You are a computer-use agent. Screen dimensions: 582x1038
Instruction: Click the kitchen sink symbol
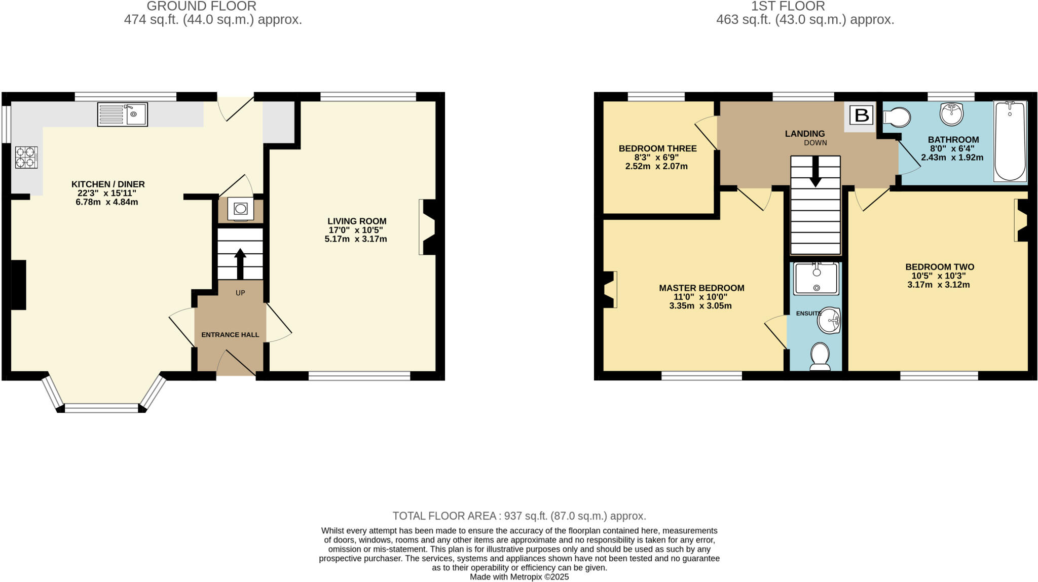(122, 114)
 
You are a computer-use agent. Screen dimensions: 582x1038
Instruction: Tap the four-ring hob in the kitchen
(26, 157)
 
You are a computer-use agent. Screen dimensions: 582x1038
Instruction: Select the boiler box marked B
(862, 115)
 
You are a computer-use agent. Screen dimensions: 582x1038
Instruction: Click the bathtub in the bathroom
(1010, 141)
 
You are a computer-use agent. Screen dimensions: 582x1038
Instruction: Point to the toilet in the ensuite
(820, 357)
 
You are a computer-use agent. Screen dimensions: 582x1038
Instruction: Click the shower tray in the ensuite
(816, 278)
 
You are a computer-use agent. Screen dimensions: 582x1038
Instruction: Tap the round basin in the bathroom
(951, 113)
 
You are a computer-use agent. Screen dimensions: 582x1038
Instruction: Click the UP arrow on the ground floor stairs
(240, 263)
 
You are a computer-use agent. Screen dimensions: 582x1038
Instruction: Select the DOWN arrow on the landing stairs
(815, 171)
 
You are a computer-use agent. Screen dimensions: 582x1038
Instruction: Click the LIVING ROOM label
(357, 221)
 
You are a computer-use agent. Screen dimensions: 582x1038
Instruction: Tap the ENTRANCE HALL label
(230, 335)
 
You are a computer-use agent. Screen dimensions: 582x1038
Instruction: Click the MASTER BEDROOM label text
(701, 288)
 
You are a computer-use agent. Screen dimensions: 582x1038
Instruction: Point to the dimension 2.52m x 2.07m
(656, 166)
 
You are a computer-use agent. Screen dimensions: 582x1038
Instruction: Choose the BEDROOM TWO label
(940, 267)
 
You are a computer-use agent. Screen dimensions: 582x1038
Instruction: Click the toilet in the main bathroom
(897, 118)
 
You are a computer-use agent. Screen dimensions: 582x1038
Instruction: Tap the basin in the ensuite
(830, 320)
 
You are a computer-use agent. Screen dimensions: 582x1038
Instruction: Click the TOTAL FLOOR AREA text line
(519, 516)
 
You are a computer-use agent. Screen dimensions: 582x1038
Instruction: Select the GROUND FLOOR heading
(201, 7)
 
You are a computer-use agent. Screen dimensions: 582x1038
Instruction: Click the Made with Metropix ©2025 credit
(519, 576)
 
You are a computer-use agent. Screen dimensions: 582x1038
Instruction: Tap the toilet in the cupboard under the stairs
(241, 209)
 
